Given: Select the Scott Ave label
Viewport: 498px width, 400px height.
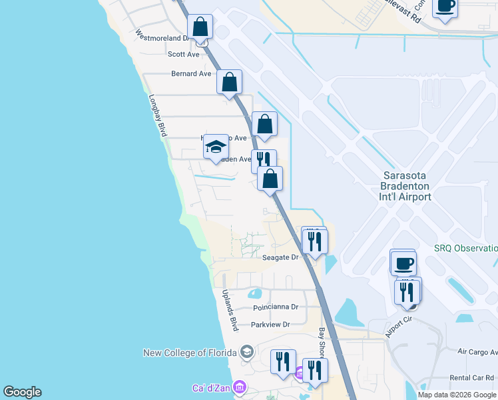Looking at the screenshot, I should pos(184,55).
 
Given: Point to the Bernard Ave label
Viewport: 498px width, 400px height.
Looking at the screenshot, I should pos(191,73).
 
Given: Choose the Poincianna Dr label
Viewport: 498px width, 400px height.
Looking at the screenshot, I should pos(276,307).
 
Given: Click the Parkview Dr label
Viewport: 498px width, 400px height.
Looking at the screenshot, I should pos(271,325).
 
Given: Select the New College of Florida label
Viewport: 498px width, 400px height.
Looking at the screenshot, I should pos(190,352).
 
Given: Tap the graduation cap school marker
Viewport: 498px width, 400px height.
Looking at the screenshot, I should pos(216,146).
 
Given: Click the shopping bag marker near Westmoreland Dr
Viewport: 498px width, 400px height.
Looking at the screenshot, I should pos(200,27).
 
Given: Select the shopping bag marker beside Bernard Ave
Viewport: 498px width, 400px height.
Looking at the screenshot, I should pos(229,83).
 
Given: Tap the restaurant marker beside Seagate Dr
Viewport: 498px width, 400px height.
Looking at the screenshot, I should pos(314,241).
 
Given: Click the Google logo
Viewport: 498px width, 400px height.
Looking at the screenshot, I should pos(22,392).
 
